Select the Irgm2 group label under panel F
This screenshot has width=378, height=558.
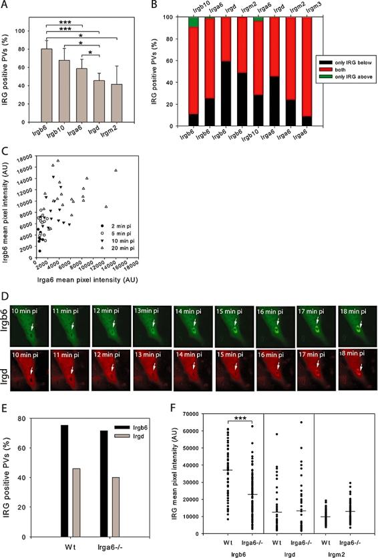[343, 552]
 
